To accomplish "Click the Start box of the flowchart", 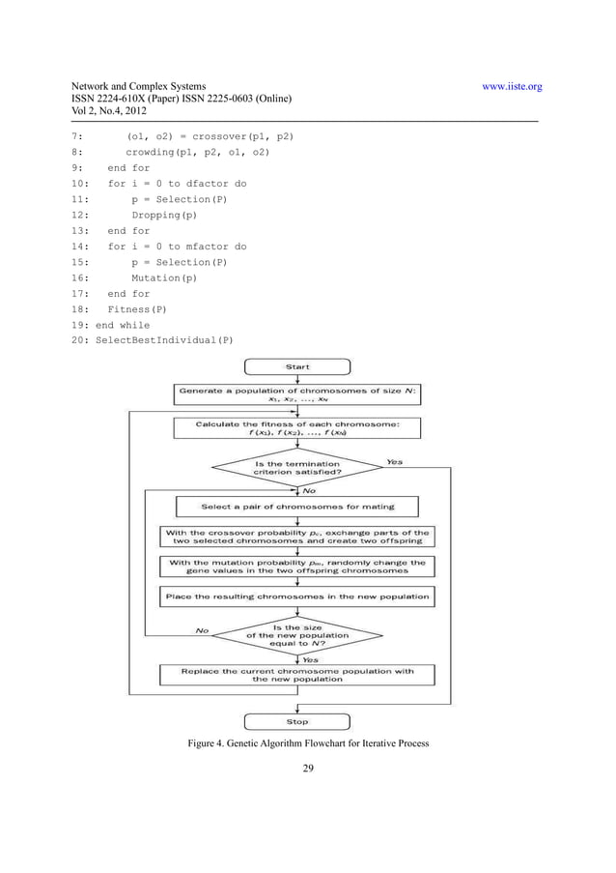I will click(x=296, y=367).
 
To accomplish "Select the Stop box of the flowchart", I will click(x=296, y=721).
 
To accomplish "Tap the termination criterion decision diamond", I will click(x=296, y=468).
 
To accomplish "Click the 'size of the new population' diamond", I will click(x=296, y=633).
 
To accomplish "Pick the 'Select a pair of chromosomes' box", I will click(x=296, y=506).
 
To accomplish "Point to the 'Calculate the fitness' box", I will click(x=296, y=427).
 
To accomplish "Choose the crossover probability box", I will click(x=296, y=537).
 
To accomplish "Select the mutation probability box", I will click(x=296, y=567).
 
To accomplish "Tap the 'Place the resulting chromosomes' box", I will click(x=296, y=597).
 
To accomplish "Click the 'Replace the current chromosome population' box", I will click(x=296, y=674).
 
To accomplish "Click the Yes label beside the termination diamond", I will click(x=394, y=461).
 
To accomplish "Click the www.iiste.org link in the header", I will click(x=511, y=87).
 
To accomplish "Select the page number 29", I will click(x=309, y=771).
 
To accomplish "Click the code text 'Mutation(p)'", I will click(x=163, y=278).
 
